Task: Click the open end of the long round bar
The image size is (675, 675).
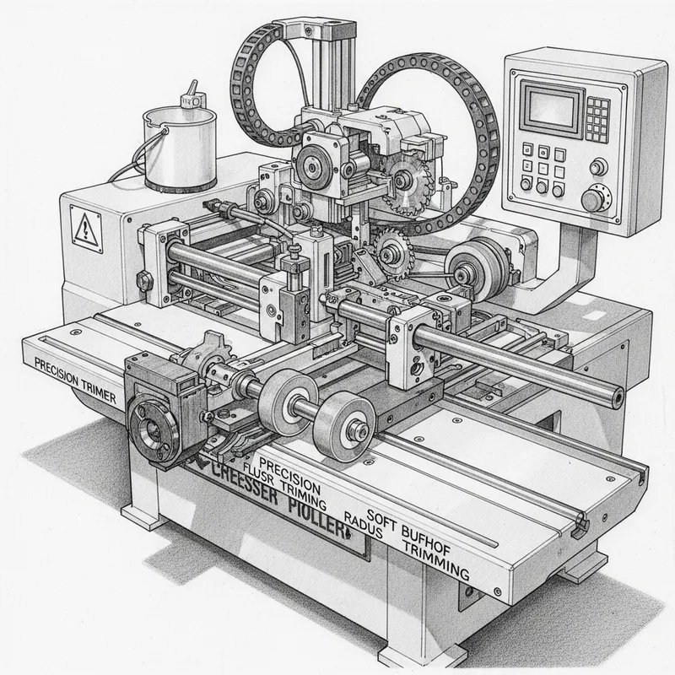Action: coord(618,393)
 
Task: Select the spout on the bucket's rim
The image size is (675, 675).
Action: coord(195,91)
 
